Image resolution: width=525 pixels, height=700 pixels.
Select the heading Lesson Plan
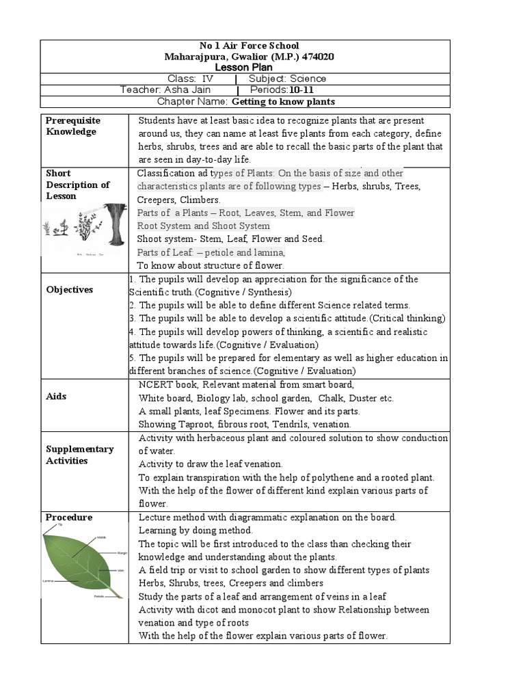[x=243, y=68]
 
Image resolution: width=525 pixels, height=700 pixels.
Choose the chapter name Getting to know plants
[x=284, y=102]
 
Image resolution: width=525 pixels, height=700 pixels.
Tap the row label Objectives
[x=70, y=290]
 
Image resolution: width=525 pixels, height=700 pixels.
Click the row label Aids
[x=56, y=396]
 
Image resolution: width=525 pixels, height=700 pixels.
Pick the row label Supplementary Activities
[x=79, y=455]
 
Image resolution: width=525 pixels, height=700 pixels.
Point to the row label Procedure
[x=68, y=517]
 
